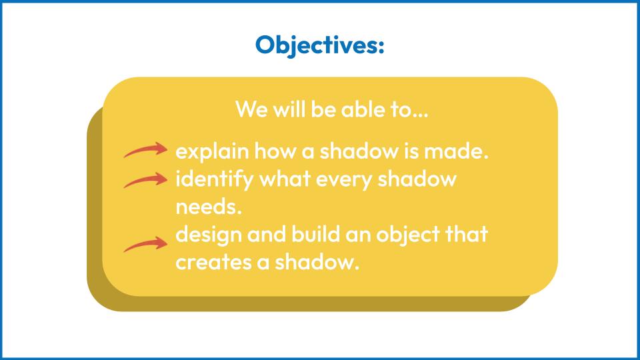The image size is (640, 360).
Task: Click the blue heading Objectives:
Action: [319, 45]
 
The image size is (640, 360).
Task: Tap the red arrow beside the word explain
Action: [146, 150]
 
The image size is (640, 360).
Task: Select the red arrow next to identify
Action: [146, 180]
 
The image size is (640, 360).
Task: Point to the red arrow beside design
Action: [146, 244]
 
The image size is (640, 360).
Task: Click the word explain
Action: [212, 152]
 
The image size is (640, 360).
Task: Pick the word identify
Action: [215, 180]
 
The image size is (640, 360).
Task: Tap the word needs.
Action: [209, 207]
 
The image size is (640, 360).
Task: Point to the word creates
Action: [213, 262]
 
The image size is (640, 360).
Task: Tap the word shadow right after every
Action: [417, 179]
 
